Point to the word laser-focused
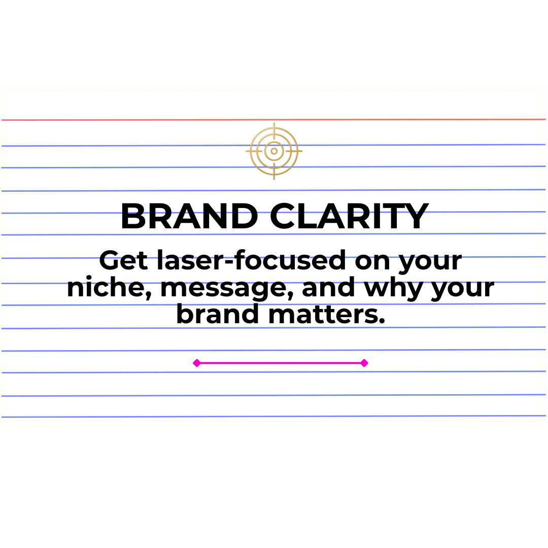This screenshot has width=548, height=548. click(x=248, y=261)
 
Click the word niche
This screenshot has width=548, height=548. click(x=106, y=288)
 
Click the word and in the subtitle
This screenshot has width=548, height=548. click(x=328, y=287)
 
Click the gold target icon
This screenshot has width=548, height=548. click(x=274, y=151)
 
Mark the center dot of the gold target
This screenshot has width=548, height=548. click(x=274, y=151)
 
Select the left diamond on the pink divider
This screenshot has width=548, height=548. click(x=197, y=363)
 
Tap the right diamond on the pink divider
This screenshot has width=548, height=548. click(x=364, y=363)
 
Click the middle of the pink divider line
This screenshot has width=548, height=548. click(x=280, y=363)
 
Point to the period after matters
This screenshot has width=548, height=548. click(x=382, y=322)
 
